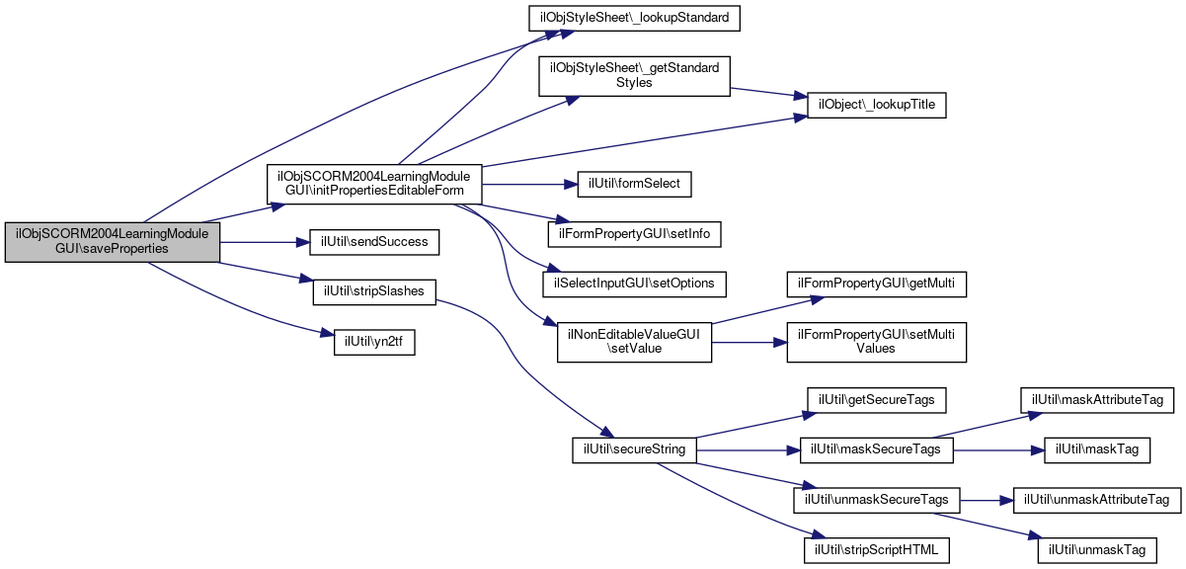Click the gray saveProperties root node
pyautogui.click(x=113, y=242)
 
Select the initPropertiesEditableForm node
pyautogui.click(x=374, y=184)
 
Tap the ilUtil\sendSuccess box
pyautogui.click(x=374, y=242)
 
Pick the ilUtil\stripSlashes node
pyautogui.click(x=374, y=292)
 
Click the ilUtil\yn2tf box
pyautogui.click(x=374, y=342)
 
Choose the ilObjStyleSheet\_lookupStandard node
pyautogui.click(x=634, y=18)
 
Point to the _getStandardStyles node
pyautogui.click(x=634, y=76)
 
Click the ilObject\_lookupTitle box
pyautogui.click(x=877, y=105)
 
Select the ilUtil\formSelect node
pyautogui.click(x=634, y=184)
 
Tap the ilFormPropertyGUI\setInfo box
pyautogui.click(x=634, y=234)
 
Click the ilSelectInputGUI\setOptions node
pyautogui.click(x=634, y=284)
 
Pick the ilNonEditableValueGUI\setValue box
pyautogui.click(x=634, y=342)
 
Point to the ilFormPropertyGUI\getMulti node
pyautogui.click(x=877, y=284)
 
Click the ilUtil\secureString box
pyautogui.click(x=634, y=449)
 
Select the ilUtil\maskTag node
pyautogui.click(x=1097, y=449)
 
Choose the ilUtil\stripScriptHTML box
pyautogui.click(x=877, y=550)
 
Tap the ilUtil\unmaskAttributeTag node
pyautogui.click(x=1097, y=500)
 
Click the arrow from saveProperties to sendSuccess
pyautogui.click(x=265, y=242)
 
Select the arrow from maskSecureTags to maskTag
pyautogui.click(x=998, y=450)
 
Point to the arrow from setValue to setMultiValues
pyautogui.click(x=750, y=343)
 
